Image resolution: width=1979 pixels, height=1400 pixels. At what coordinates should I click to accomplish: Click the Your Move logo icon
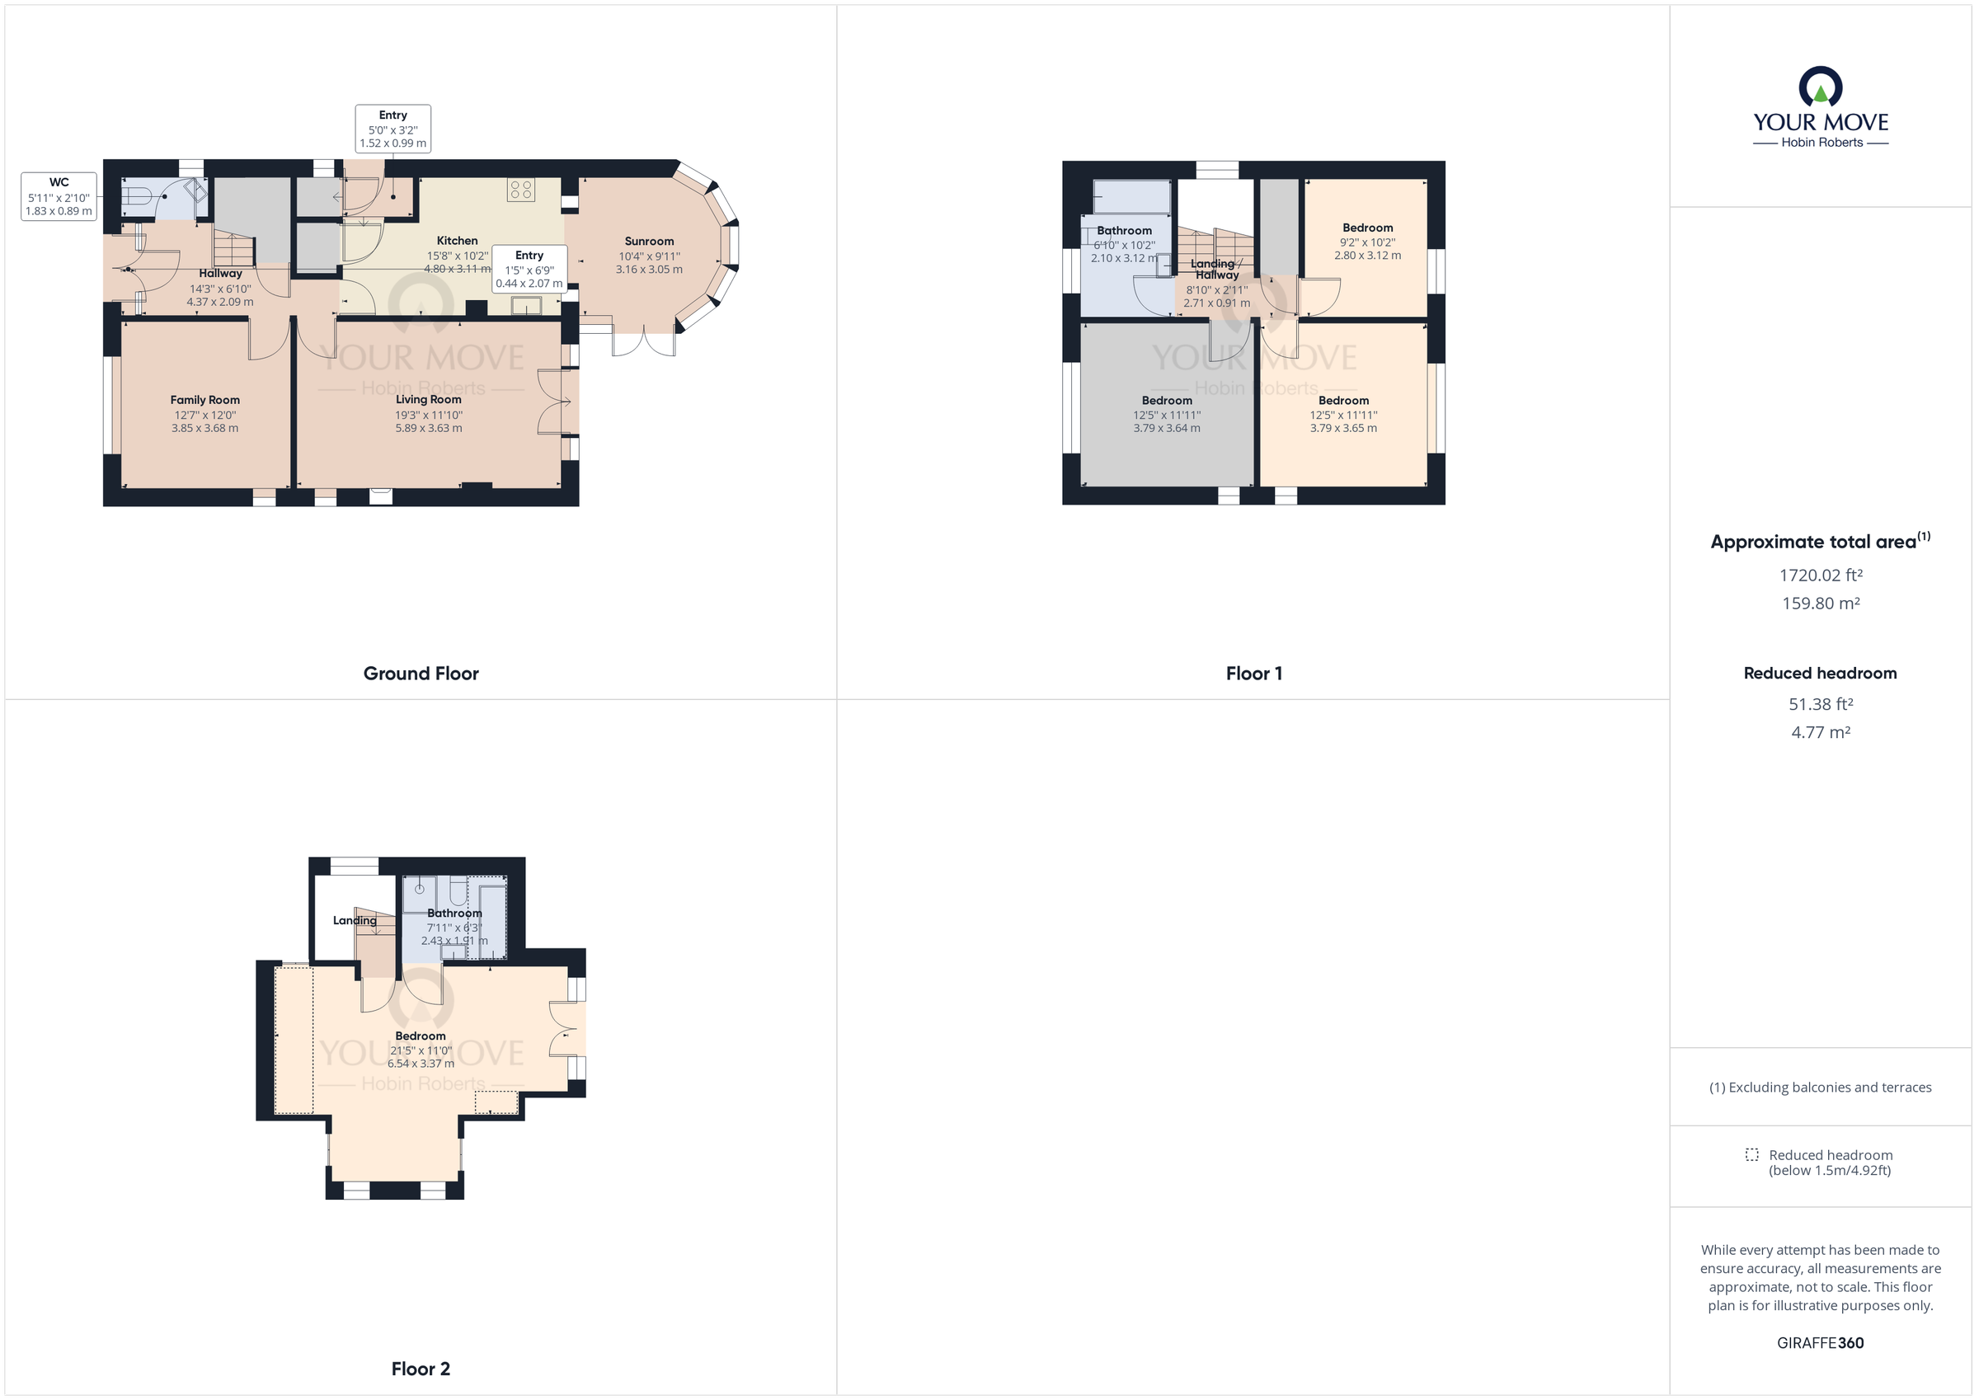coord(1820,88)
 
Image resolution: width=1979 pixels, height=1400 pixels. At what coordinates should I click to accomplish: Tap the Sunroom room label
coord(649,242)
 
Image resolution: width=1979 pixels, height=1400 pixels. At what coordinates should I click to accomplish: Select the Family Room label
coord(205,400)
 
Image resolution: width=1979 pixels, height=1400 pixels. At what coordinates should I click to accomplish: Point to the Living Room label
coord(429,399)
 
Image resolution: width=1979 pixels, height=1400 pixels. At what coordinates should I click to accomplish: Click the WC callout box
coord(59,196)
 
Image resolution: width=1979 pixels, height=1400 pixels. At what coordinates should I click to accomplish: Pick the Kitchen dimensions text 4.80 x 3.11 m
coord(457,269)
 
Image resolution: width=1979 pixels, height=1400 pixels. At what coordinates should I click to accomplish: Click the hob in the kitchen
coord(520,190)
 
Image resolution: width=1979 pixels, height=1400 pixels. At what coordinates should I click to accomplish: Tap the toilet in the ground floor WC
coord(135,197)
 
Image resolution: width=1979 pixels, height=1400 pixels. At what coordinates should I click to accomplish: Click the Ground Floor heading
coord(421,674)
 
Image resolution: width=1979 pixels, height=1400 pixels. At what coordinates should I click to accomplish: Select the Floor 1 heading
coord(1253,674)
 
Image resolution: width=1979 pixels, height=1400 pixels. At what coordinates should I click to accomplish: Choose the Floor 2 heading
coord(421,1369)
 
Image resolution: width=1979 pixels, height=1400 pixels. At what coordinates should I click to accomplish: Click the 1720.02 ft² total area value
coord(1821,575)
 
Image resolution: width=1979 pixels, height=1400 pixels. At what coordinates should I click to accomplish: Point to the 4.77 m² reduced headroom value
coord(1821,732)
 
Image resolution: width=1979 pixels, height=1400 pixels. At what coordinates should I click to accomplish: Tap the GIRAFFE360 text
coord(1820,1342)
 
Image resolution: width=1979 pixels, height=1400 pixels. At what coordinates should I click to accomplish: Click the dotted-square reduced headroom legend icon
coord(1751,1154)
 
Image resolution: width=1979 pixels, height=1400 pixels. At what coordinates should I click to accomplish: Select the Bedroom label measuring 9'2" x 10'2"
coord(1367,228)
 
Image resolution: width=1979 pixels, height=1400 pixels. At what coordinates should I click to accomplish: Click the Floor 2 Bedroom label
coord(421,1036)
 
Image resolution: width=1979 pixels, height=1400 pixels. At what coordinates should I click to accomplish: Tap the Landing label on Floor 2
coord(355,921)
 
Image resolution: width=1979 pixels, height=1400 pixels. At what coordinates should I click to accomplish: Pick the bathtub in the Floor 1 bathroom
coord(1131,196)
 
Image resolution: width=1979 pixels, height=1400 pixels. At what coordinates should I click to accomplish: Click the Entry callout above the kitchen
coord(393,129)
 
